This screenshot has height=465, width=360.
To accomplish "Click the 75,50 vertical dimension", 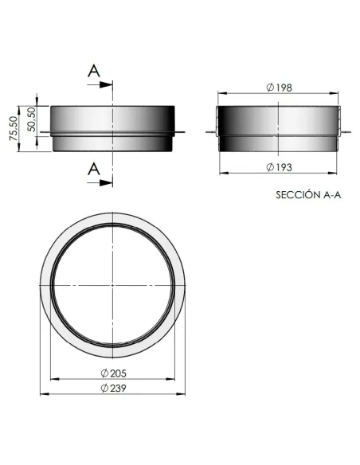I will [13, 128].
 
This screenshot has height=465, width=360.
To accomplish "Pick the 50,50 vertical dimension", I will [31, 119].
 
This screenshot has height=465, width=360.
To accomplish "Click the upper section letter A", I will [94, 70].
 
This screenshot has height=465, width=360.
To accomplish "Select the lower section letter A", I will [94, 169].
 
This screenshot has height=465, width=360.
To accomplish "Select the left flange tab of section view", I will [212, 132].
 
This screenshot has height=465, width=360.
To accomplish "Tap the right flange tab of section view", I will [344, 132].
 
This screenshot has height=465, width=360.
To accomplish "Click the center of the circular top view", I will [114, 285].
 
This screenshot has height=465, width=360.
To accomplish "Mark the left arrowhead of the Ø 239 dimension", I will [43, 395].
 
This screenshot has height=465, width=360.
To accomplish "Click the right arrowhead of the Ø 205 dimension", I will [175, 381].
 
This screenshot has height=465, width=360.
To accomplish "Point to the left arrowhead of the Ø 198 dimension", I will [221, 92].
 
